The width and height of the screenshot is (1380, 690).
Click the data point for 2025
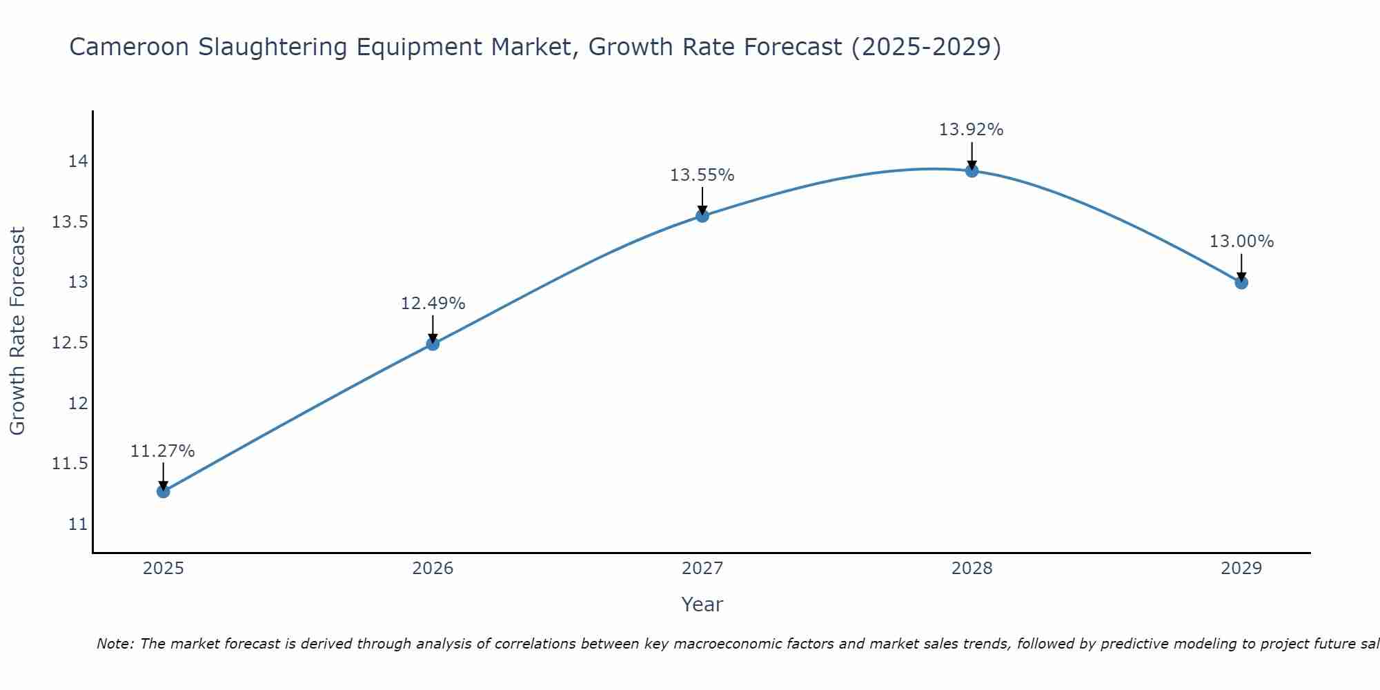click(x=163, y=491)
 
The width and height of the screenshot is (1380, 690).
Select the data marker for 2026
click(x=433, y=344)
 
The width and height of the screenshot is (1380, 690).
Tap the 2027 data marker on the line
click(x=702, y=216)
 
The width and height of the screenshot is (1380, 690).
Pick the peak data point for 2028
click(x=972, y=170)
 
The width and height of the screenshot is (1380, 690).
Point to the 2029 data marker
click(x=1241, y=282)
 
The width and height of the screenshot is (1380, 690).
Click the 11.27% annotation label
click(x=163, y=451)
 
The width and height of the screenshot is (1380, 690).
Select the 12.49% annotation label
click(x=433, y=304)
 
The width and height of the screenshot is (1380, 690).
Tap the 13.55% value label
click(x=702, y=175)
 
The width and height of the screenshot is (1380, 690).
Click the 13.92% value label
click(x=972, y=130)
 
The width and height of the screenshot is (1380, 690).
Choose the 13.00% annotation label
click(x=1241, y=241)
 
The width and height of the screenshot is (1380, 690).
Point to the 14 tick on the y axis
click(x=78, y=161)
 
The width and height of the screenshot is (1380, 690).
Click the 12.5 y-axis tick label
click(x=70, y=343)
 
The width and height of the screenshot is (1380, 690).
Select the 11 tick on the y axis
click(x=78, y=524)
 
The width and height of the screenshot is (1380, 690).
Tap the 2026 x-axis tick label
click(x=433, y=569)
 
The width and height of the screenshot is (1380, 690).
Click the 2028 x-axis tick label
click(x=972, y=569)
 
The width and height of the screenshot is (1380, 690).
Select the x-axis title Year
click(x=702, y=604)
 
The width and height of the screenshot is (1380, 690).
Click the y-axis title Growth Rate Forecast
click(x=17, y=331)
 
